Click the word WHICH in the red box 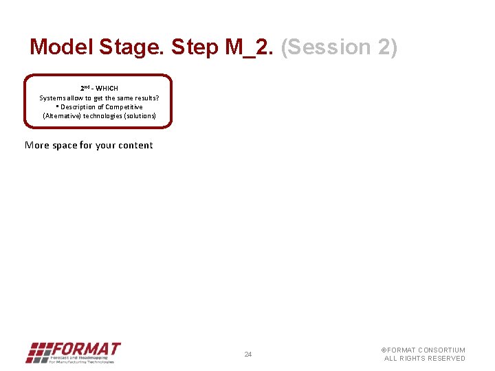[x=107, y=89]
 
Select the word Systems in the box [x=52, y=98]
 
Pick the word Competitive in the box [x=124, y=106]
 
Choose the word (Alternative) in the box [x=62, y=115]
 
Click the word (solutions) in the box [x=139, y=115]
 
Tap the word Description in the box [x=81, y=106]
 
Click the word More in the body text [x=37, y=145]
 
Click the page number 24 [x=248, y=355]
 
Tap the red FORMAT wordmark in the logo [x=87, y=348]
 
